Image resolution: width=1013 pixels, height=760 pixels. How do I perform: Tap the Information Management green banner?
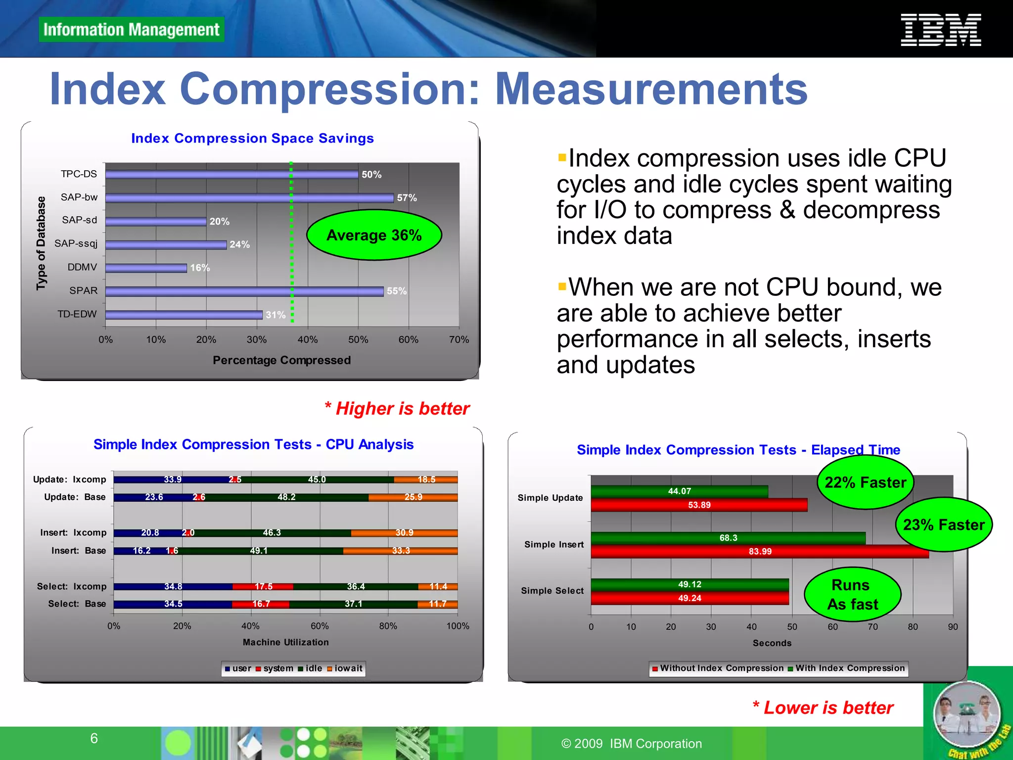(x=131, y=30)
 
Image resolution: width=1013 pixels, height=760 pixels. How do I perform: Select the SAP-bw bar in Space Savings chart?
(x=249, y=198)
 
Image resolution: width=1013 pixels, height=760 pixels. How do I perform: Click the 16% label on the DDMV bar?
(x=200, y=268)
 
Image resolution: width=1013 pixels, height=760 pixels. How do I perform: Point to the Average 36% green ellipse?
(x=374, y=235)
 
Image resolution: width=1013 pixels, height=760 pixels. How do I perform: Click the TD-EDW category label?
(x=77, y=314)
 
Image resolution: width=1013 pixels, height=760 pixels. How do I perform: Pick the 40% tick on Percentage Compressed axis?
(x=307, y=339)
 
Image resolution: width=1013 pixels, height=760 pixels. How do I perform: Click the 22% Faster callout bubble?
(x=865, y=482)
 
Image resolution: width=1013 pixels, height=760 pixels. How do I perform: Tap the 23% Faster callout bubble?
(x=943, y=524)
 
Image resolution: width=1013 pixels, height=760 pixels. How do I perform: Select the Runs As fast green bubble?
(x=852, y=594)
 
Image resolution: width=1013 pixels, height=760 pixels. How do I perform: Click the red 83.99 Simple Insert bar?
(x=760, y=551)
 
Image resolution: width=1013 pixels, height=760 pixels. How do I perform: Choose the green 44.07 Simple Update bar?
(x=679, y=491)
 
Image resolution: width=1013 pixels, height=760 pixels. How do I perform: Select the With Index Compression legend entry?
(x=846, y=668)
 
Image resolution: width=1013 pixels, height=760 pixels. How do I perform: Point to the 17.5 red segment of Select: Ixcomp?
(x=263, y=586)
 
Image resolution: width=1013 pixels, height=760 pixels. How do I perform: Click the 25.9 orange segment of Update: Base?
(x=413, y=497)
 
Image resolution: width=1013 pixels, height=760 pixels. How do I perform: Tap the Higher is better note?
(x=397, y=409)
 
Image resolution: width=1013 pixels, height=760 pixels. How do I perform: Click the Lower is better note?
(x=823, y=708)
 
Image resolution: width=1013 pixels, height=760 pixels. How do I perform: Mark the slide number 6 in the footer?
(x=94, y=738)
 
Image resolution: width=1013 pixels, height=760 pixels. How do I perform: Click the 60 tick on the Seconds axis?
(x=832, y=627)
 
